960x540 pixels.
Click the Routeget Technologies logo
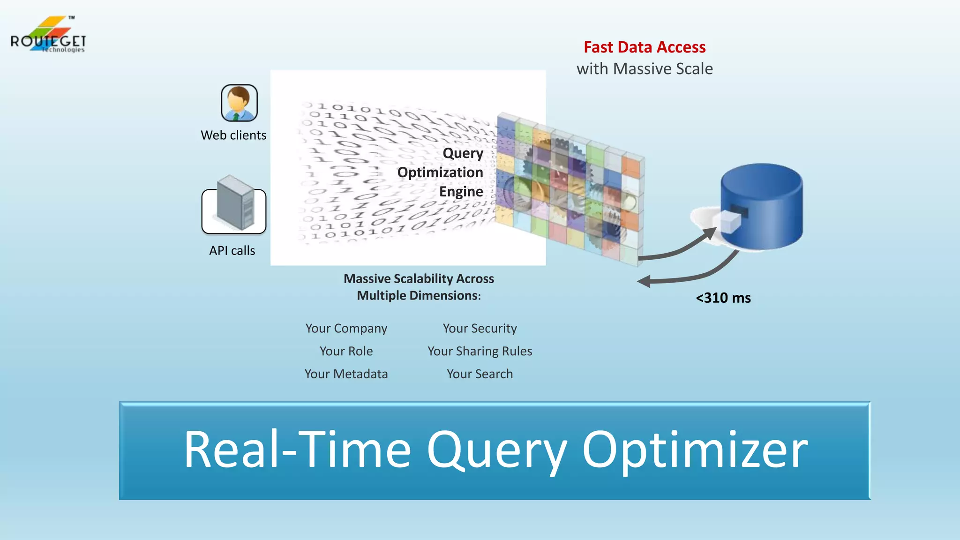[x=48, y=36]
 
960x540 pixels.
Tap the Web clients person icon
[x=239, y=103]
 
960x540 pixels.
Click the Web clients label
[x=233, y=135]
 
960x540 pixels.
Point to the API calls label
[x=232, y=251]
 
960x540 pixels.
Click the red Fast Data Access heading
[x=644, y=47]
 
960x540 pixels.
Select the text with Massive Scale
[x=644, y=69]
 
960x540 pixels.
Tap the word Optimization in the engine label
[x=440, y=172]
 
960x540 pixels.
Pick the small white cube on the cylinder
[x=729, y=221]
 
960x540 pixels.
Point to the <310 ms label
[x=723, y=298]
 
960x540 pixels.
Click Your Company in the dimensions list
[x=346, y=329]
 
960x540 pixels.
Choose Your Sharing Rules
[x=480, y=351]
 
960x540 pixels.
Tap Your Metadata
[x=346, y=374]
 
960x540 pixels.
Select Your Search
[x=480, y=374]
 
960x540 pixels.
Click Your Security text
[x=480, y=329]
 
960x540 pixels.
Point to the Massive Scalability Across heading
[x=419, y=279]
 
